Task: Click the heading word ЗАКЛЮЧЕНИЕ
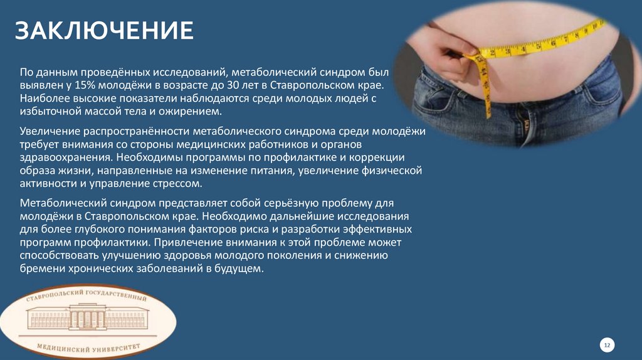(x=104, y=30)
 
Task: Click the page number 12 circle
(x=607, y=344)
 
